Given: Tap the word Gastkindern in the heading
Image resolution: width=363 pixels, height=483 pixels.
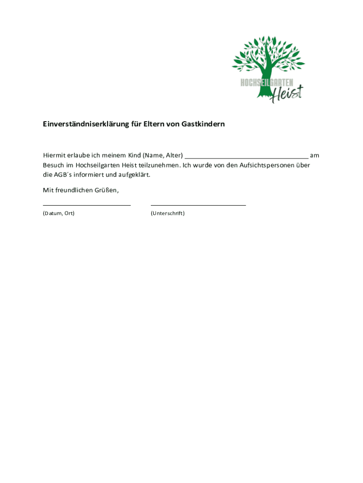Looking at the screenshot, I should pos(203,125).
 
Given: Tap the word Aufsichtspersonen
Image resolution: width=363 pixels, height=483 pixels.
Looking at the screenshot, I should pos(268,165).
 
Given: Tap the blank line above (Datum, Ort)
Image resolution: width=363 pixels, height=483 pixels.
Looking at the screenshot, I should pos(87,205).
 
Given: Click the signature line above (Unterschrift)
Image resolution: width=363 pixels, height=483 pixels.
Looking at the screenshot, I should pos(198,205).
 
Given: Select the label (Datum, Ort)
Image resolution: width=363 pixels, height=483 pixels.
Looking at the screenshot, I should pos(58,213).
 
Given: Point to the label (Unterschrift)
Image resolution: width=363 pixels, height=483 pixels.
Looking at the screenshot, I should pos(168,213).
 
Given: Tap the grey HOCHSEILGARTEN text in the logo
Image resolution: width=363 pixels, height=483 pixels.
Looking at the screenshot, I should pos(267,83).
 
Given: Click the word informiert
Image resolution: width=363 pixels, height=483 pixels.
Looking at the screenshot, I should pos(89,175).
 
